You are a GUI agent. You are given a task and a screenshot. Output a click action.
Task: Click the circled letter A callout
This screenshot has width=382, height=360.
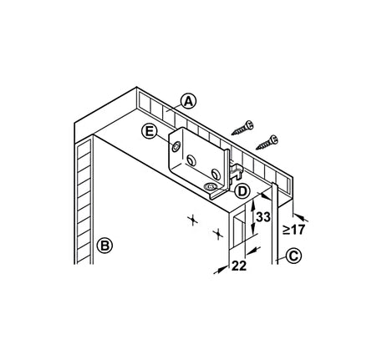tap(189, 101)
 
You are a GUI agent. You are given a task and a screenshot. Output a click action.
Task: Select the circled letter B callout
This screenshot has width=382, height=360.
tap(104, 246)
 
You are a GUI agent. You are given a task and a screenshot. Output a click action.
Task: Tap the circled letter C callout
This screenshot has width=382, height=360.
tap(293, 256)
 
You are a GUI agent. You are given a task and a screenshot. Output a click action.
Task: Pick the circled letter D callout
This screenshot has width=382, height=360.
tap(242, 191)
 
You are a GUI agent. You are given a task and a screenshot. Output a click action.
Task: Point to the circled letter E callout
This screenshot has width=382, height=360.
tap(150, 131)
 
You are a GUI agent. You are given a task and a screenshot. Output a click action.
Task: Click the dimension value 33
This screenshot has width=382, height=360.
tap(263, 217)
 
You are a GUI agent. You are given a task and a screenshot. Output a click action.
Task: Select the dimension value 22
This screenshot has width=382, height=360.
tap(239, 266)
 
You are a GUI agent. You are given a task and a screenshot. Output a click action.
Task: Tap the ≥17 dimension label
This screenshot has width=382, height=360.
tap(294, 230)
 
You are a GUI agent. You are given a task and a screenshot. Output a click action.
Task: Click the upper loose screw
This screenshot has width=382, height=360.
tap(242, 128)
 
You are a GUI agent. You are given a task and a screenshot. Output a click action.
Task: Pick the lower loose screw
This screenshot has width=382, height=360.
tap(267, 142)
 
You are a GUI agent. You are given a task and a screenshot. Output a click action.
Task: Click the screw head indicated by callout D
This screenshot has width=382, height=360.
tap(211, 186)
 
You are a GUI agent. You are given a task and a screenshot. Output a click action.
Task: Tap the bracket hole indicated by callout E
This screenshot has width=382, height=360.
tap(176, 146)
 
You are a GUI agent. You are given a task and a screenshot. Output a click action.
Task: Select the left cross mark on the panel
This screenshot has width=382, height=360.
tap(192, 221)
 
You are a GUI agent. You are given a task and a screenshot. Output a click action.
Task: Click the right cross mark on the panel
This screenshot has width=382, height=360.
tap(218, 234)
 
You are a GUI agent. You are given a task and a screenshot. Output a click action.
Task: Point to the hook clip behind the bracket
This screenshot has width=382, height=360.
tap(237, 170)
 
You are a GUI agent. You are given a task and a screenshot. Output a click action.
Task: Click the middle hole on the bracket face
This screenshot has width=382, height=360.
tap(191, 160)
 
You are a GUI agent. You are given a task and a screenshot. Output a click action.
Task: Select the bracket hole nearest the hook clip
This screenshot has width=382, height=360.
tap(215, 174)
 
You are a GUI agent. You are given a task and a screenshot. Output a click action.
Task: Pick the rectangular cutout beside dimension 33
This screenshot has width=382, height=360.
tap(239, 231)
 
